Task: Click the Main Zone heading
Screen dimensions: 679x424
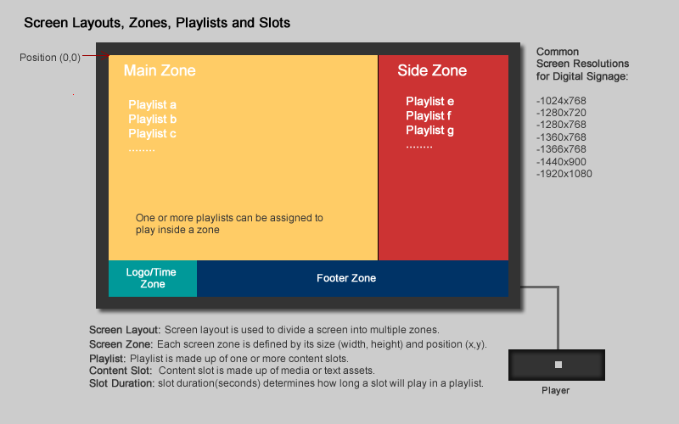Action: [160, 70]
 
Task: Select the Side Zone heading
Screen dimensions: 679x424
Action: [432, 70]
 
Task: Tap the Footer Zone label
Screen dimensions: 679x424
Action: [346, 278]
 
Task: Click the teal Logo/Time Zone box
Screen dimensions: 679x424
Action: [153, 279]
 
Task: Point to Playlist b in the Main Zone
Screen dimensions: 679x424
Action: [153, 119]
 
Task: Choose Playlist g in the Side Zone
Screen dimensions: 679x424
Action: [430, 131]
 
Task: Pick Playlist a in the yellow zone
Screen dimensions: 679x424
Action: [153, 104]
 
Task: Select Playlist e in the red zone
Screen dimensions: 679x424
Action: [430, 101]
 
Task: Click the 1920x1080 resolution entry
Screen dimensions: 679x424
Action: [564, 174]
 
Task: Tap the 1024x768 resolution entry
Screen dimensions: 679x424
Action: [561, 101]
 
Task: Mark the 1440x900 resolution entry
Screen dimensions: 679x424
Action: [561, 162]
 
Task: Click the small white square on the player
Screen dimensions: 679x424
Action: [558, 365]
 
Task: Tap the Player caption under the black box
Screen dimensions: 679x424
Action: [556, 390]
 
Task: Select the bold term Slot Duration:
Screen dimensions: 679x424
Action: [121, 383]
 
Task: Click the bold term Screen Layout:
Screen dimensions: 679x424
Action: [125, 330]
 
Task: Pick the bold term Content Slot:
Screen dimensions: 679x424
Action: [121, 371]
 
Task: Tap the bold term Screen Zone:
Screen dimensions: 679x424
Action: [121, 344]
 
